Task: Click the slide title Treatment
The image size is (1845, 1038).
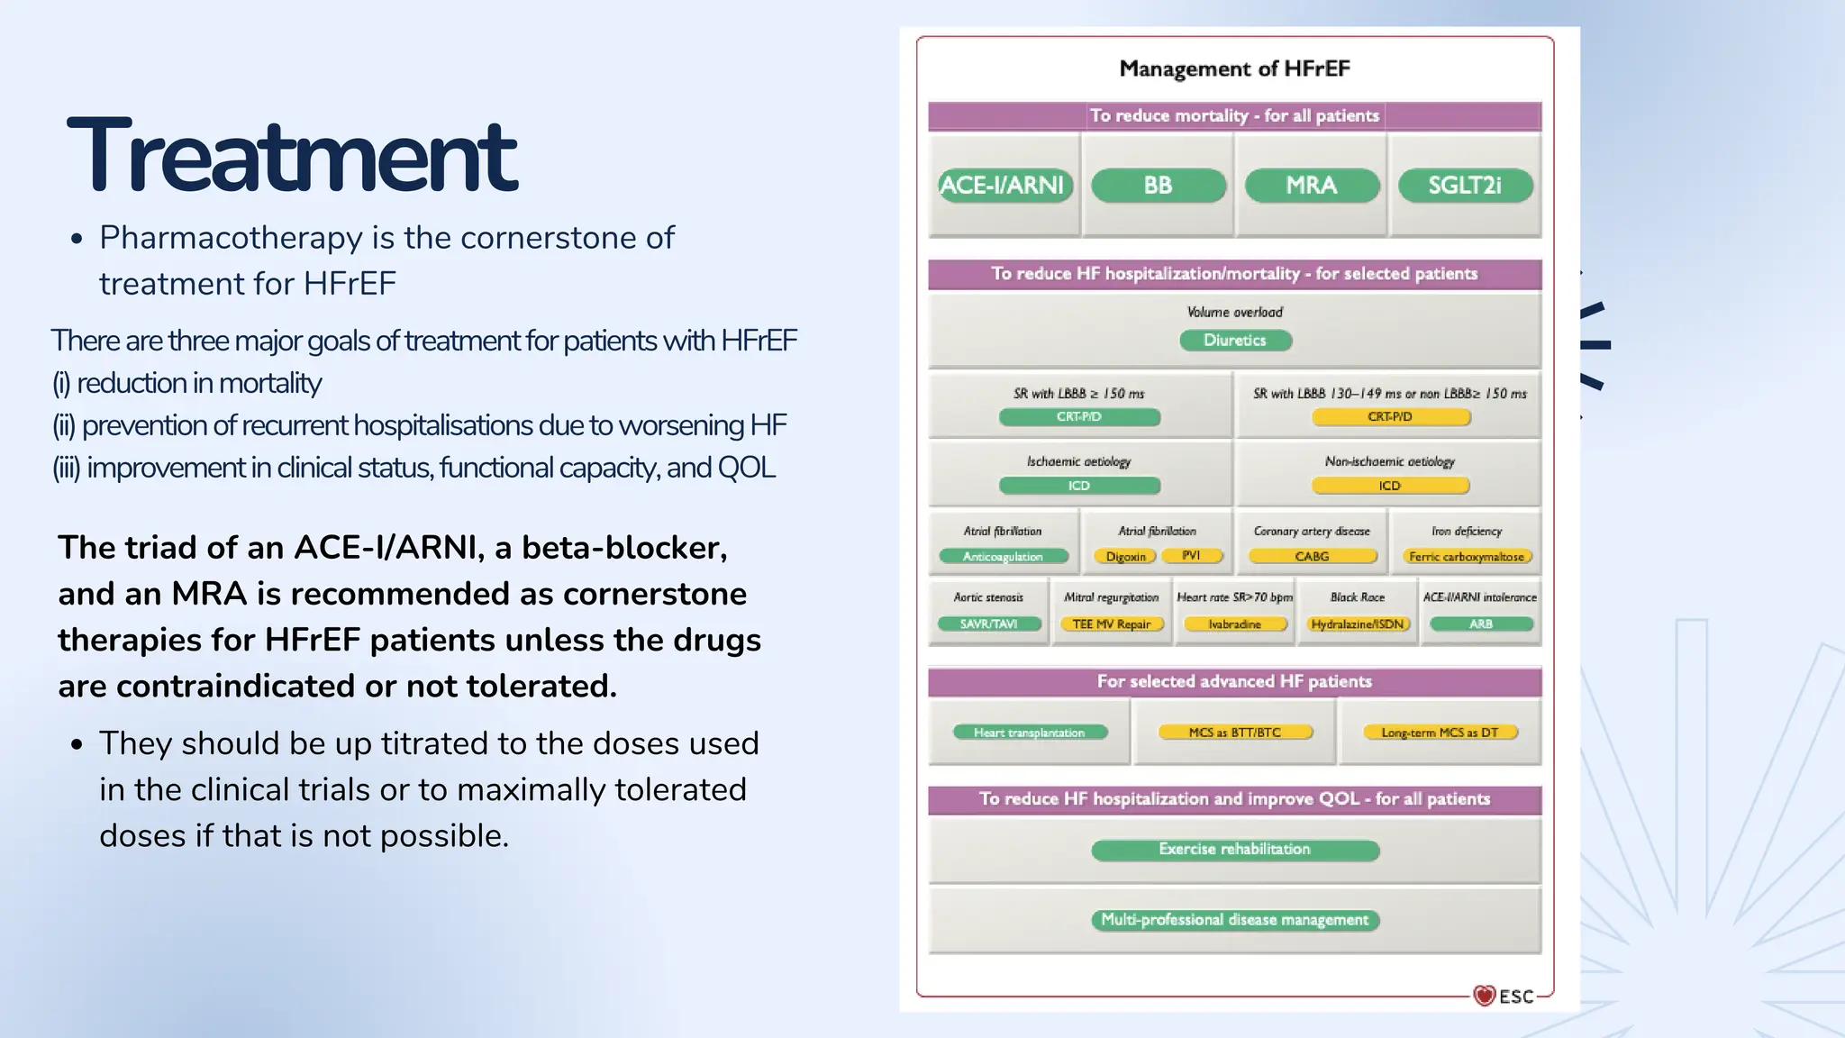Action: [x=292, y=156]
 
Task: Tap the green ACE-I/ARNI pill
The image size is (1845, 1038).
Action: [x=1003, y=186]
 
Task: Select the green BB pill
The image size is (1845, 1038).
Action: [x=1158, y=186]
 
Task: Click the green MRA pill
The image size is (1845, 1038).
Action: [x=1311, y=186]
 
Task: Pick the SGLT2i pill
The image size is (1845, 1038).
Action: [x=1464, y=186]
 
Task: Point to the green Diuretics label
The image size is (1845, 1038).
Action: [x=1235, y=341]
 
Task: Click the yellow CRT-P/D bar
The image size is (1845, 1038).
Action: [x=1390, y=417]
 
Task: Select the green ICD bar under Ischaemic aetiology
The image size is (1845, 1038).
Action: [x=1079, y=486]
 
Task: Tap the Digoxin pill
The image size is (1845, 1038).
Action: [x=1125, y=557]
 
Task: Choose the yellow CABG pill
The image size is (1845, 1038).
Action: [x=1312, y=557]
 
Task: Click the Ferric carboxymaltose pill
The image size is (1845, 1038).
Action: [x=1466, y=557]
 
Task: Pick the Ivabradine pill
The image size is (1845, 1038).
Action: [x=1234, y=624]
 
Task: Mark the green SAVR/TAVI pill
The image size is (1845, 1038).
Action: [x=988, y=624]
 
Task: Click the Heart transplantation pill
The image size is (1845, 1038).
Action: [x=1029, y=733]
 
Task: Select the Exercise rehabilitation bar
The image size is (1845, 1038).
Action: [x=1234, y=850]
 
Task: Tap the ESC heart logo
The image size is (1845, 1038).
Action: [x=1485, y=995]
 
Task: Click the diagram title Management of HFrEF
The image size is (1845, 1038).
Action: [x=1234, y=68]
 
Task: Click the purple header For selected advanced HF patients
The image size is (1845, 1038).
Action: [x=1234, y=682]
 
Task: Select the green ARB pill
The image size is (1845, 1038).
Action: [x=1480, y=624]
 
